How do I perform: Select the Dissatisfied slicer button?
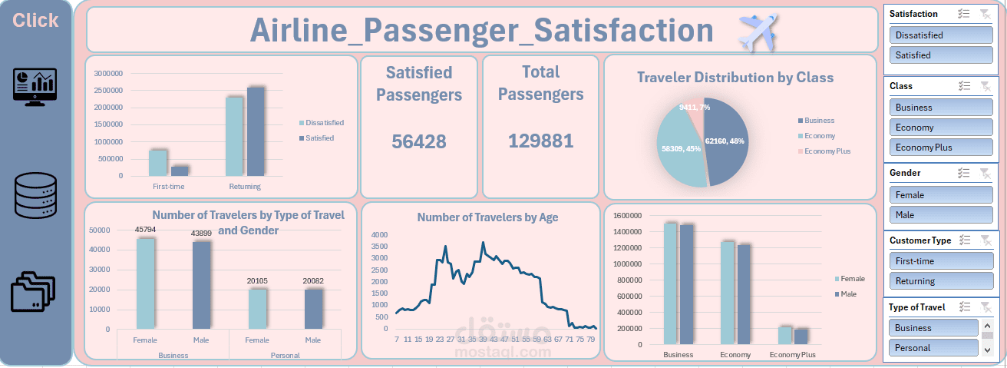click(x=940, y=35)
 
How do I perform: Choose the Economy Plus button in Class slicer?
click(x=940, y=148)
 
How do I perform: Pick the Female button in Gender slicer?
click(x=940, y=195)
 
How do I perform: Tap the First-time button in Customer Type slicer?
click(x=940, y=261)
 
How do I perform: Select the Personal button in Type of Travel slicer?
click(x=933, y=348)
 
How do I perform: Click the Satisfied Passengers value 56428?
click(x=418, y=141)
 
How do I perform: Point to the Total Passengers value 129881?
click(x=540, y=141)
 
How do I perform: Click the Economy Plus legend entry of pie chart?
click(x=827, y=151)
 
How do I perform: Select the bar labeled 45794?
click(x=146, y=284)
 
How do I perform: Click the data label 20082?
click(x=313, y=280)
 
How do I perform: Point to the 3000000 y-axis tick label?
click(x=108, y=74)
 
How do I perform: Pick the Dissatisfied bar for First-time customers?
click(x=157, y=163)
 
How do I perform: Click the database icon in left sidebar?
click(x=35, y=195)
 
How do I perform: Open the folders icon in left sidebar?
click(x=34, y=291)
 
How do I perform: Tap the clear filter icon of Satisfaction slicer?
click(x=986, y=14)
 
